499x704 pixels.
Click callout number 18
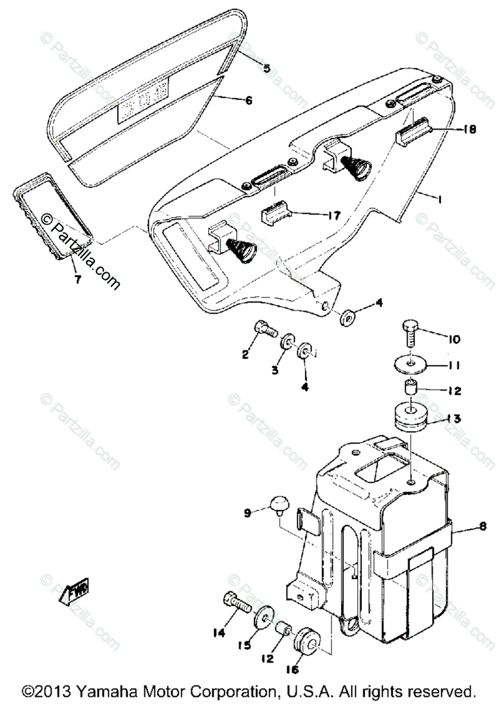click(x=469, y=129)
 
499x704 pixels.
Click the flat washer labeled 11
click(x=412, y=365)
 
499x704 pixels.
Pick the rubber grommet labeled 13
click(x=409, y=415)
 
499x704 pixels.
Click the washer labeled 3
click(x=288, y=343)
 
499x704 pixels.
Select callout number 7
click(x=78, y=279)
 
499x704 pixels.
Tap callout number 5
click(x=267, y=69)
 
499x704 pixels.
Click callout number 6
click(x=247, y=100)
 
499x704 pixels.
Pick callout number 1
click(x=438, y=199)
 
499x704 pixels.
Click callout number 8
click(x=482, y=527)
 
